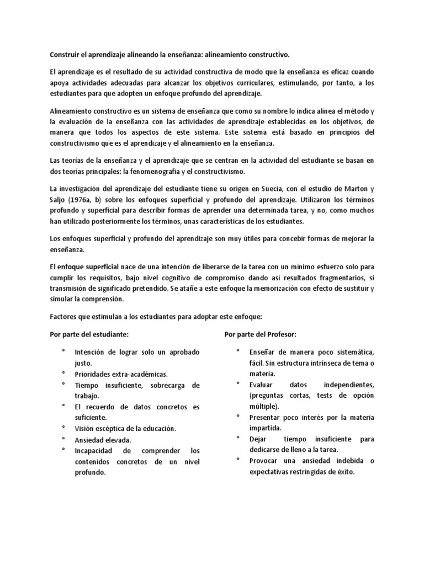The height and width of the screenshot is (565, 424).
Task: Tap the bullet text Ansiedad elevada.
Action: coord(103,440)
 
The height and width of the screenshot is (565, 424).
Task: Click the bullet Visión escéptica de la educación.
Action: coord(125,429)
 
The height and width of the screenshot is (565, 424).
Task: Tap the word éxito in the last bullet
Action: coord(343,472)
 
